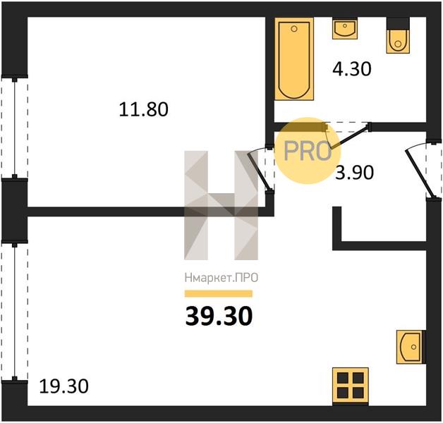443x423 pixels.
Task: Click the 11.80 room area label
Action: click(x=143, y=109)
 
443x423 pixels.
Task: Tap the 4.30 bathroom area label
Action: click(x=352, y=69)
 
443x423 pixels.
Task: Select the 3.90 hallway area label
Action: click(x=354, y=173)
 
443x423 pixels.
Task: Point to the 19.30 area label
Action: click(x=64, y=386)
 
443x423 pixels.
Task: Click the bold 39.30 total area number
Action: click(x=219, y=317)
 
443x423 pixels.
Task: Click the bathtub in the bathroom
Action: click(x=294, y=59)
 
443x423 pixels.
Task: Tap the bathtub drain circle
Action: click(x=294, y=29)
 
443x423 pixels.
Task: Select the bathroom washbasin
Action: click(x=345, y=28)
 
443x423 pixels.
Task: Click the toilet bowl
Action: click(x=398, y=41)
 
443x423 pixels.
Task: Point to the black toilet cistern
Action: click(x=398, y=23)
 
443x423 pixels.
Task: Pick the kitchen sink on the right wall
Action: click(x=411, y=347)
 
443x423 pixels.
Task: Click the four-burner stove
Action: click(x=351, y=386)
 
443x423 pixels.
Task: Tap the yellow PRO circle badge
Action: click(x=308, y=151)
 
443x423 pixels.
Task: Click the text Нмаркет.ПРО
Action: click(x=221, y=278)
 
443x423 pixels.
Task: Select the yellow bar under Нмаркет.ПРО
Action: click(x=219, y=294)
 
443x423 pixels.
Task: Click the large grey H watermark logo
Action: click(x=221, y=205)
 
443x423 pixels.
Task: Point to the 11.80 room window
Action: click(x=15, y=128)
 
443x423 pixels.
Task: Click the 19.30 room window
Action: click(x=15, y=310)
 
